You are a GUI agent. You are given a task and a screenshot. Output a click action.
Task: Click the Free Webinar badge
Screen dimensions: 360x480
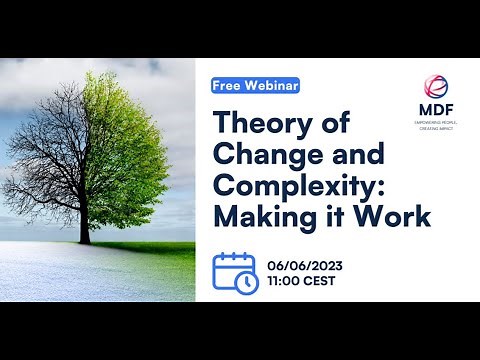point(256,86)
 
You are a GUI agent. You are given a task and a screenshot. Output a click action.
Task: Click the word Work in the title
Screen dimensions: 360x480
point(393,217)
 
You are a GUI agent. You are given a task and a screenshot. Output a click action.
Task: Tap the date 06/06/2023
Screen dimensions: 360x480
point(306,264)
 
